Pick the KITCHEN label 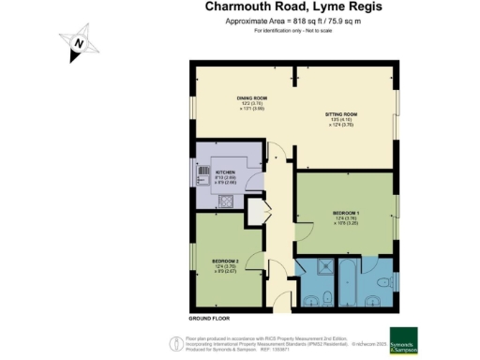225,173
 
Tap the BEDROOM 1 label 346,214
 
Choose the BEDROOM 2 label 224,260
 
